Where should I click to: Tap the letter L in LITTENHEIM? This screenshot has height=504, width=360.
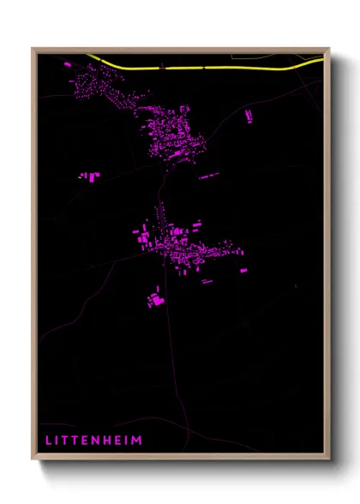tap(48, 441)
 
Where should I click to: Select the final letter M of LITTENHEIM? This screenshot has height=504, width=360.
tap(137, 441)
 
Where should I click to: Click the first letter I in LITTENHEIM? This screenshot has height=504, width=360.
tap(57, 441)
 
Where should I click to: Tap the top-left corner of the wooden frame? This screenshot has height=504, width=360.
tap(33, 49)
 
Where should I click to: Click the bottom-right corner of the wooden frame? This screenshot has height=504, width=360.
tap(328, 459)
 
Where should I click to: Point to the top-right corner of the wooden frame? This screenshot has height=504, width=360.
tap(328, 49)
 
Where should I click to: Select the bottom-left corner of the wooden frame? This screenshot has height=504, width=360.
tap(33, 459)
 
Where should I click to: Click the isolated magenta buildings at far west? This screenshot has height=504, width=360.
tap(90, 176)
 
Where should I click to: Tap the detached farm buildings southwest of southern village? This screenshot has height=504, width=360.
tap(154, 299)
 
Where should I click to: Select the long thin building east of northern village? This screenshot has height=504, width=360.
tap(209, 176)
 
